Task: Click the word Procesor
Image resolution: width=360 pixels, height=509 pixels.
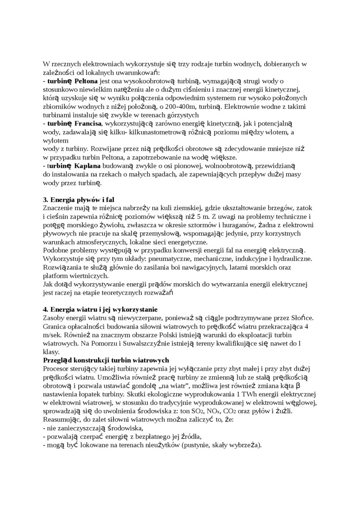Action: point(57,369)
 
